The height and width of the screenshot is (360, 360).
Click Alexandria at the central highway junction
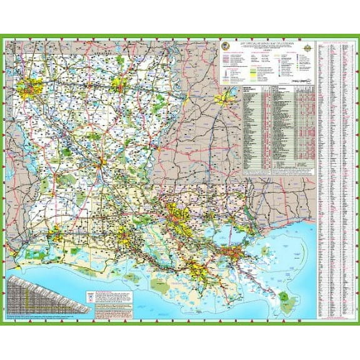pos(100,164)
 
